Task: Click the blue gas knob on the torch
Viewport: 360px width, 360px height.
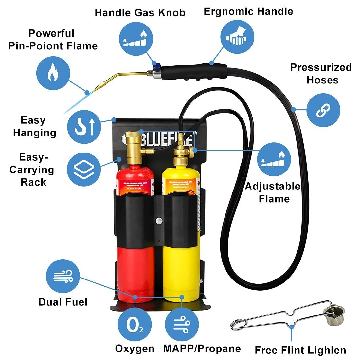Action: (x=158, y=66)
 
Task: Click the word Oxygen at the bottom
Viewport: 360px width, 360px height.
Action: (x=135, y=349)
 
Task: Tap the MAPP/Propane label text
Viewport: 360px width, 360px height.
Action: (x=202, y=349)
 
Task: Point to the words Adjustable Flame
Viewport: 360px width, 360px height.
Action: (x=273, y=192)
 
